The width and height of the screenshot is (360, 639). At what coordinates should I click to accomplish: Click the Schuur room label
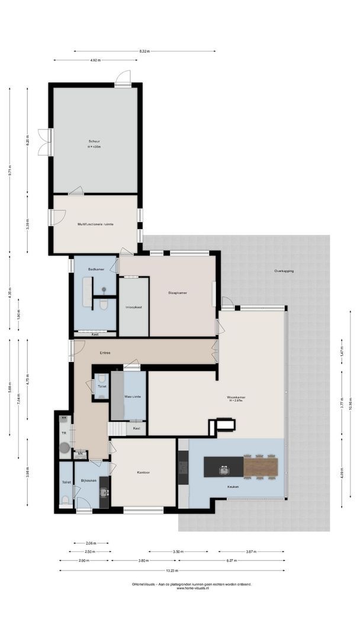coord(94,141)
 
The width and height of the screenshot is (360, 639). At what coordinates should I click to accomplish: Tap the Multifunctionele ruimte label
coord(95,224)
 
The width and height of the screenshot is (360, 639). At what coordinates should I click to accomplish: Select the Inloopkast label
coord(133,307)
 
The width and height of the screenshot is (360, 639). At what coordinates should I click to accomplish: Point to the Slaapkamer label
coord(178,292)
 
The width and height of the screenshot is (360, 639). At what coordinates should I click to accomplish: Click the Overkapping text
coord(284,271)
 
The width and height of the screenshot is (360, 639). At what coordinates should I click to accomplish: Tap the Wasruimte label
coord(131,396)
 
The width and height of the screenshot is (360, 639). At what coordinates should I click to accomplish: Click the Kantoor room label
coord(143,472)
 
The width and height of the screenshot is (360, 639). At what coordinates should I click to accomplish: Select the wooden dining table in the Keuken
coord(261,467)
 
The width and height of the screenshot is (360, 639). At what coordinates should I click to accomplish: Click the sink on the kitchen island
coord(224,470)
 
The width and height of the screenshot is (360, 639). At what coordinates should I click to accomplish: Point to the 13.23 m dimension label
coord(172,570)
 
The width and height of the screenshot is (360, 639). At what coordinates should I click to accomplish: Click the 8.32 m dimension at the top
coord(144,51)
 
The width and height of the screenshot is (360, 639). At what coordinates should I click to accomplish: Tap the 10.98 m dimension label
coord(350,408)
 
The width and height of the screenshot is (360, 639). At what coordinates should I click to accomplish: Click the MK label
coord(81,454)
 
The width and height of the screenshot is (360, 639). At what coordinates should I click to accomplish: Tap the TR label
coord(64,433)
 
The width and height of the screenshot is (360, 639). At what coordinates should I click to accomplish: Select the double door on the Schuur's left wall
coord(45,142)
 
